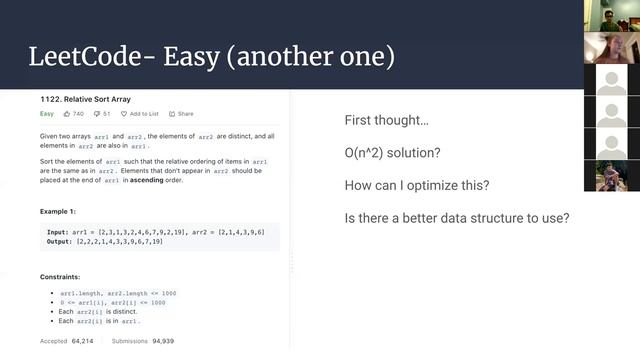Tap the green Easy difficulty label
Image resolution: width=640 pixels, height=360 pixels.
(47, 114)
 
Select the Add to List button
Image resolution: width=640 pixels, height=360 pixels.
(140, 114)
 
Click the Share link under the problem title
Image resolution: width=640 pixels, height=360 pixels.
(182, 114)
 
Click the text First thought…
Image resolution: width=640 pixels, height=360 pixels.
(386, 120)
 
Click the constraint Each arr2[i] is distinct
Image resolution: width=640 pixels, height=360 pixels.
(95, 312)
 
